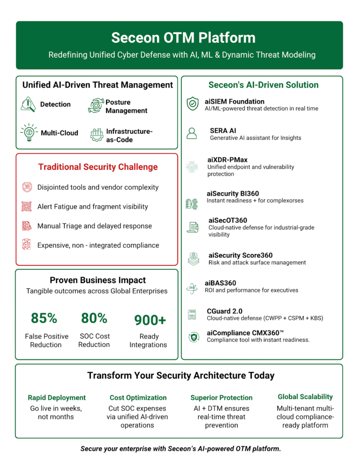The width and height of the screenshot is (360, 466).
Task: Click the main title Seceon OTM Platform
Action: coord(180,37)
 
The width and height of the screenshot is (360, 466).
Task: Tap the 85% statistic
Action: coord(44,318)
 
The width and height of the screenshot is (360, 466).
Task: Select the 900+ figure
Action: coord(150,320)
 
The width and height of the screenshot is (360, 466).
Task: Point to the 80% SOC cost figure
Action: coord(94,318)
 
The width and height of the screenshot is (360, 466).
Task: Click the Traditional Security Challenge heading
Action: coord(98,167)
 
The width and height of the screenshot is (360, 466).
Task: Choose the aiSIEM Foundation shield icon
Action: coord(193,104)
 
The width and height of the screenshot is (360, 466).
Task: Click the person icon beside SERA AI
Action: coord(192,133)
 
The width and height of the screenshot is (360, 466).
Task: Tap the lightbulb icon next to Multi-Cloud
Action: coord(28,132)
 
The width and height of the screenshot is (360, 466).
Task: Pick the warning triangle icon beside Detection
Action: coord(28,104)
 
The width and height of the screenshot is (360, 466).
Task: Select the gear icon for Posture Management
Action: coord(96,106)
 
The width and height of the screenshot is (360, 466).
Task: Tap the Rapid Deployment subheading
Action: coord(56,398)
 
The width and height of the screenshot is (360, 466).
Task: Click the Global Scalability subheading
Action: coord(305,397)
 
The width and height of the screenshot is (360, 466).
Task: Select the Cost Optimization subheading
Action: coord(138,398)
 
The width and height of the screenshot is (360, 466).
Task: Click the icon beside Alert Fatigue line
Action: coord(26,207)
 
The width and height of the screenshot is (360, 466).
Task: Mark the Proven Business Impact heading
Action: coord(98,280)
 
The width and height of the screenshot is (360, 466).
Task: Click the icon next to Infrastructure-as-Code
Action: coord(96,135)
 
